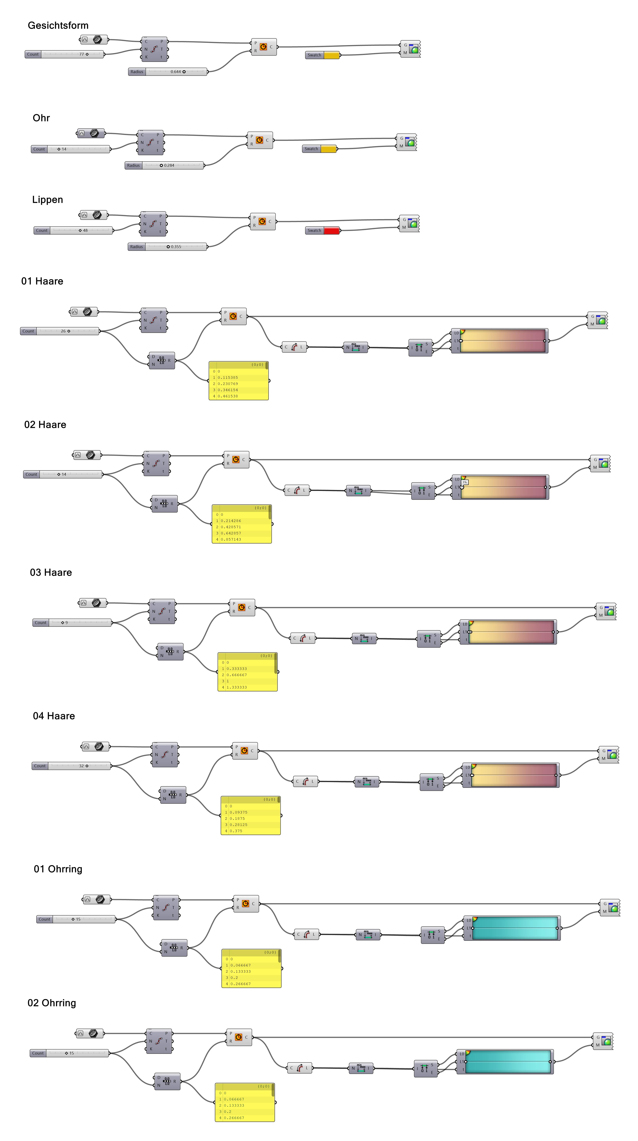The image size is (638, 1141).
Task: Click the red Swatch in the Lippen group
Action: (331, 230)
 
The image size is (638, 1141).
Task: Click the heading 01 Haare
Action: (42, 281)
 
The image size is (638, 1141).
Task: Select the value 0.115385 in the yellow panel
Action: (228, 377)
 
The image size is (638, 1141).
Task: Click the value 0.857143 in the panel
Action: (231, 540)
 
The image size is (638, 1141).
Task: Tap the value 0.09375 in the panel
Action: (238, 812)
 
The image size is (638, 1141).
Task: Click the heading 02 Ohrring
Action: (52, 1003)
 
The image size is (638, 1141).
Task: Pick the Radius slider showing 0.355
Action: (168, 247)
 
